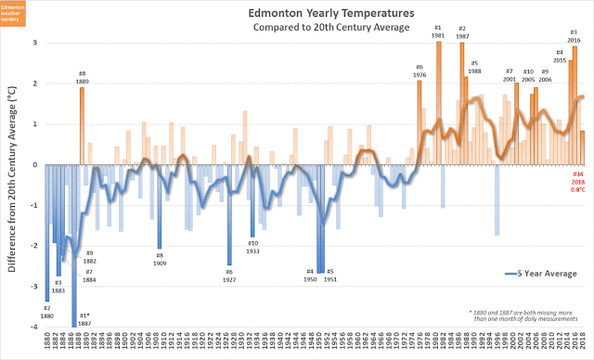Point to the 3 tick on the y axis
tap(34, 43)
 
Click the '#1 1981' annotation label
tap(438, 32)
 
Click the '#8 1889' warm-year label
tap(82, 77)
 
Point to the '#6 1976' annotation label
tap(420, 71)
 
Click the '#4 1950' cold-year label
tap(310, 276)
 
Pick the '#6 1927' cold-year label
tap(229, 276)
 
